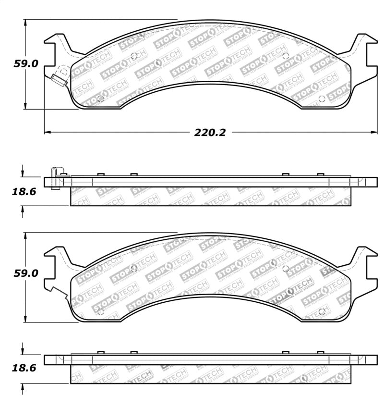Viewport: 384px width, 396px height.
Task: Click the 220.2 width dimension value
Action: [210, 133]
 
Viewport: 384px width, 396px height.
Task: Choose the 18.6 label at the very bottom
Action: [23, 369]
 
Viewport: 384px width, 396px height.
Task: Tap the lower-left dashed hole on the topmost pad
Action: [100, 99]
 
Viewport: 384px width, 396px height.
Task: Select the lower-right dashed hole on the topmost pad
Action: [322, 99]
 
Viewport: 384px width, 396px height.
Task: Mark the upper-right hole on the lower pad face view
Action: [285, 268]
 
